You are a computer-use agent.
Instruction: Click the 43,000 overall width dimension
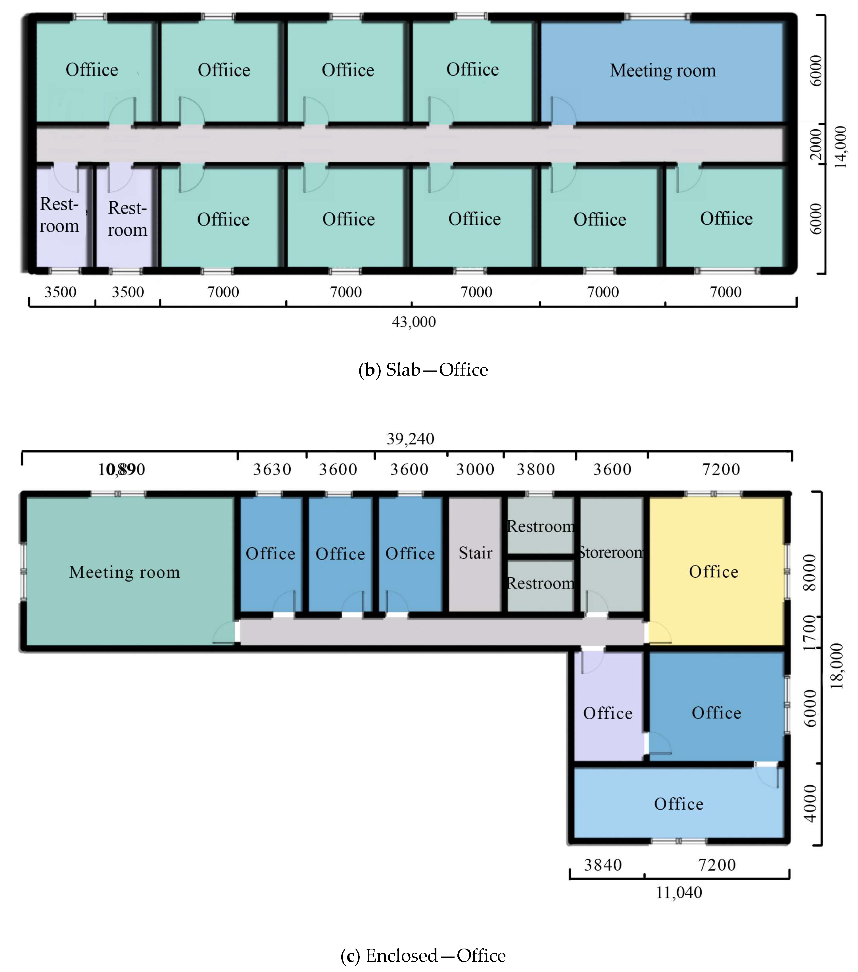414,322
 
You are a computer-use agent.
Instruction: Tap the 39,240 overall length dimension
410,438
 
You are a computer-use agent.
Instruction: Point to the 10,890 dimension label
121,469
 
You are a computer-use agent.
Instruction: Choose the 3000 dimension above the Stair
475,469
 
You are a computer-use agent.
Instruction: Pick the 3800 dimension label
536,469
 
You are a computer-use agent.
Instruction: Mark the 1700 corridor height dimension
810,633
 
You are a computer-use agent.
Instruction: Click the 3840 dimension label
603,865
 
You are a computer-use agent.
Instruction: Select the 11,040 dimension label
679,893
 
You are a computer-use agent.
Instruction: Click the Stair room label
475,553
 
